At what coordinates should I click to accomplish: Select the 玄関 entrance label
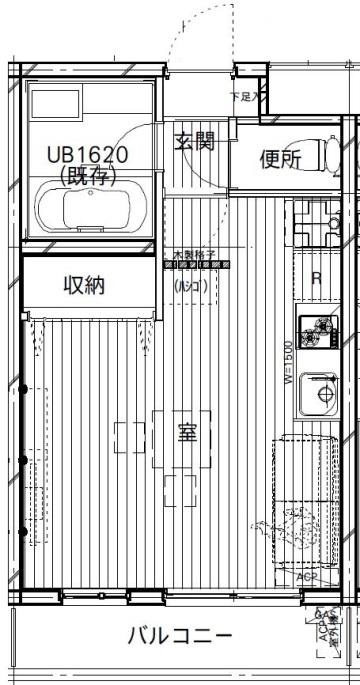click(194, 141)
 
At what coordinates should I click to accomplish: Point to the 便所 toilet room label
click(281, 160)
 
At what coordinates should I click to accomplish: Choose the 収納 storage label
click(86, 285)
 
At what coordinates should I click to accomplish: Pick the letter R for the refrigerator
click(316, 279)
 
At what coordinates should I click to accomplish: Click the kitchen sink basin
click(322, 394)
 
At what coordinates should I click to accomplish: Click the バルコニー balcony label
click(180, 637)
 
